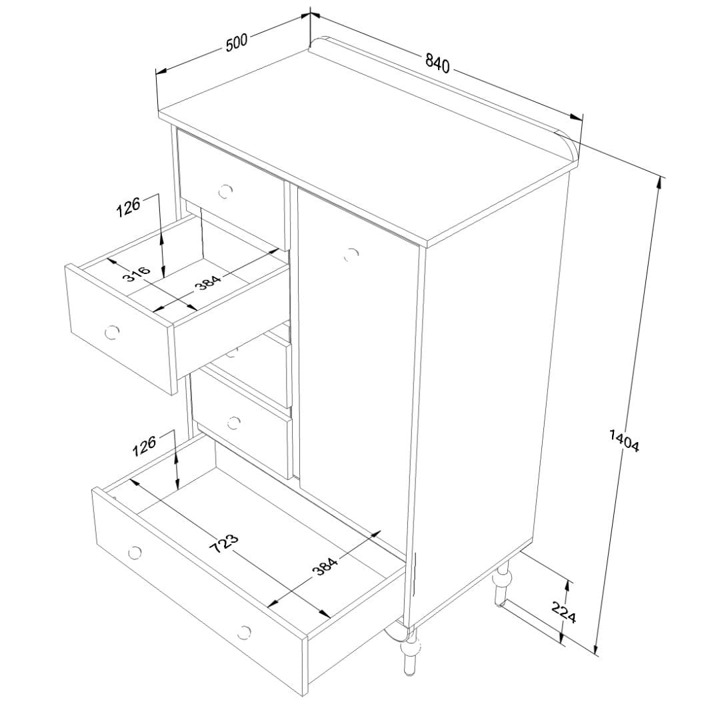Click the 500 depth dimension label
[237, 42]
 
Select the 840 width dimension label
[437, 62]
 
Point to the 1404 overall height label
[624, 440]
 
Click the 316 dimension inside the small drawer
[137, 275]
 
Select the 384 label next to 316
[207, 283]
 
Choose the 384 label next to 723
[325, 565]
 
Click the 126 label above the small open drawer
[128, 207]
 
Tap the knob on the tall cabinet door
[351, 255]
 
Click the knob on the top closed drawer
[225, 191]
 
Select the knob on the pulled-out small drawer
[111, 331]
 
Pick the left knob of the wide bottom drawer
[135, 552]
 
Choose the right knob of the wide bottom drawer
[245, 632]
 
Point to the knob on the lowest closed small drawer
[234, 423]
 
